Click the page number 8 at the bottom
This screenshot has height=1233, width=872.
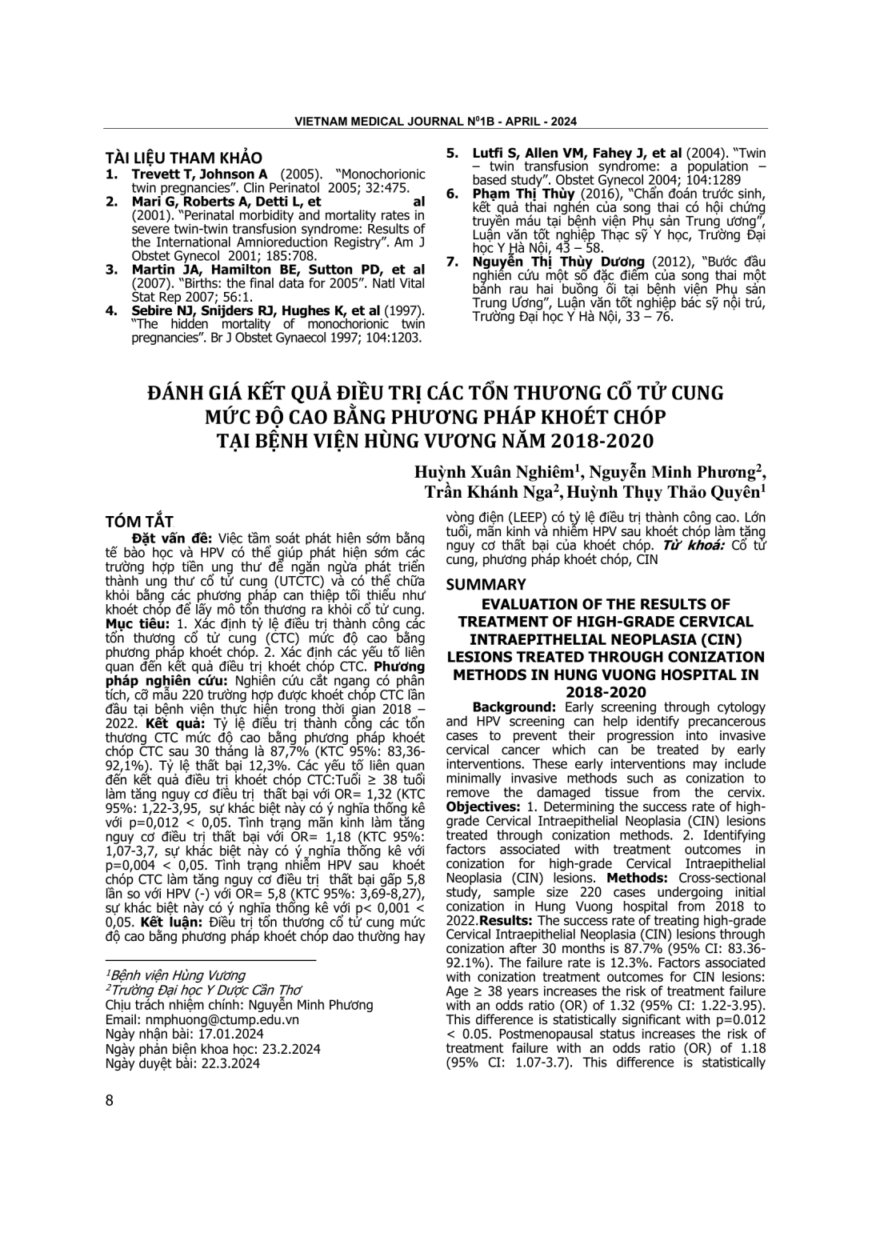tap(110, 1100)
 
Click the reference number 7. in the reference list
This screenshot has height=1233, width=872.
tap(452, 262)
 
